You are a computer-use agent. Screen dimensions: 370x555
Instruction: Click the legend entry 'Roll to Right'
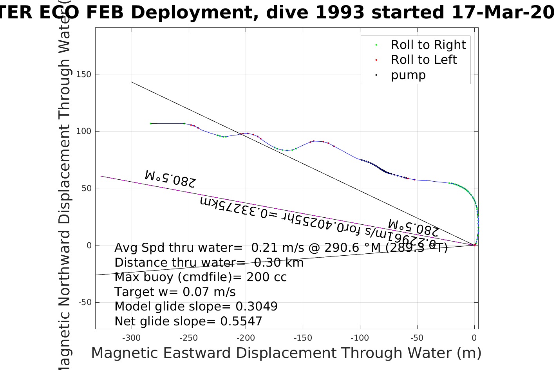coord(428,45)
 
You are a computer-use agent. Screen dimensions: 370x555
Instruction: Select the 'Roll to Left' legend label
coord(424,60)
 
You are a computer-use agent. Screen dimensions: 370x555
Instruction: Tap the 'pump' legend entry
coord(408,75)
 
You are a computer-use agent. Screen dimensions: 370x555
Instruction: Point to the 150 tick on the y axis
coord(84,74)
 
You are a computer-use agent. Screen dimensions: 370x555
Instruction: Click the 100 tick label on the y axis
coord(84,131)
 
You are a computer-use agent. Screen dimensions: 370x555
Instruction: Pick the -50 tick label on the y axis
coord(85,302)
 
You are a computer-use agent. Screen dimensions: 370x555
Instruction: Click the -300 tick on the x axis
coord(131,338)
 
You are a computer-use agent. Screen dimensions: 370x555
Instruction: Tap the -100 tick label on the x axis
coord(360,338)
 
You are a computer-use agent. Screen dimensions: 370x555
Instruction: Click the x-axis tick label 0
coord(474,338)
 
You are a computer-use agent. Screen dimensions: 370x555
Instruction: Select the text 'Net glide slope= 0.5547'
coord(188,321)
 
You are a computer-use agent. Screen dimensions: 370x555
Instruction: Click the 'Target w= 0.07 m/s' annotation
coord(175,292)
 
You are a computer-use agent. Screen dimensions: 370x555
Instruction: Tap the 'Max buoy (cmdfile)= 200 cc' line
coord(201,277)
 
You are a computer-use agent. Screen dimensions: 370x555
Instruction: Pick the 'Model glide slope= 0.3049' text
coord(196,307)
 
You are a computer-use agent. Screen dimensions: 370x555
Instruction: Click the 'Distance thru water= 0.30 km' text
coord(209,263)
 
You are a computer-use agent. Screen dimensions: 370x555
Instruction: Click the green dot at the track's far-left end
coord(151,123)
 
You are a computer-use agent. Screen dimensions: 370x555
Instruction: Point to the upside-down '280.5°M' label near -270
coord(170,178)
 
